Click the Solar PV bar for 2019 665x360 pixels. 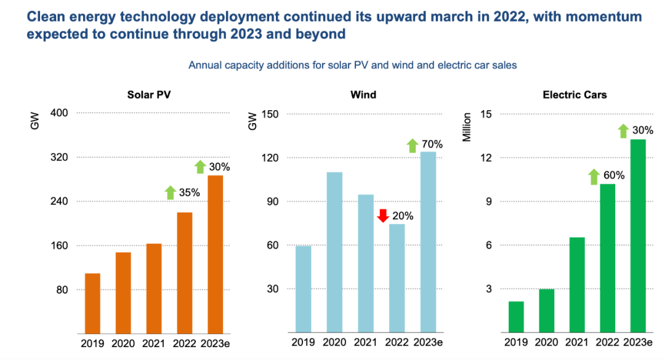tap(92, 303)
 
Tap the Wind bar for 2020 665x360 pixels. tap(334, 252)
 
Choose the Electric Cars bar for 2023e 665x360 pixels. tap(637, 236)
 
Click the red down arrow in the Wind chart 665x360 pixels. tap(382, 215)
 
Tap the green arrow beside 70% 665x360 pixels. tap(413, 146)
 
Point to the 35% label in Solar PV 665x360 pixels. tap(190, 193)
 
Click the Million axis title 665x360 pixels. tap(467, 127)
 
